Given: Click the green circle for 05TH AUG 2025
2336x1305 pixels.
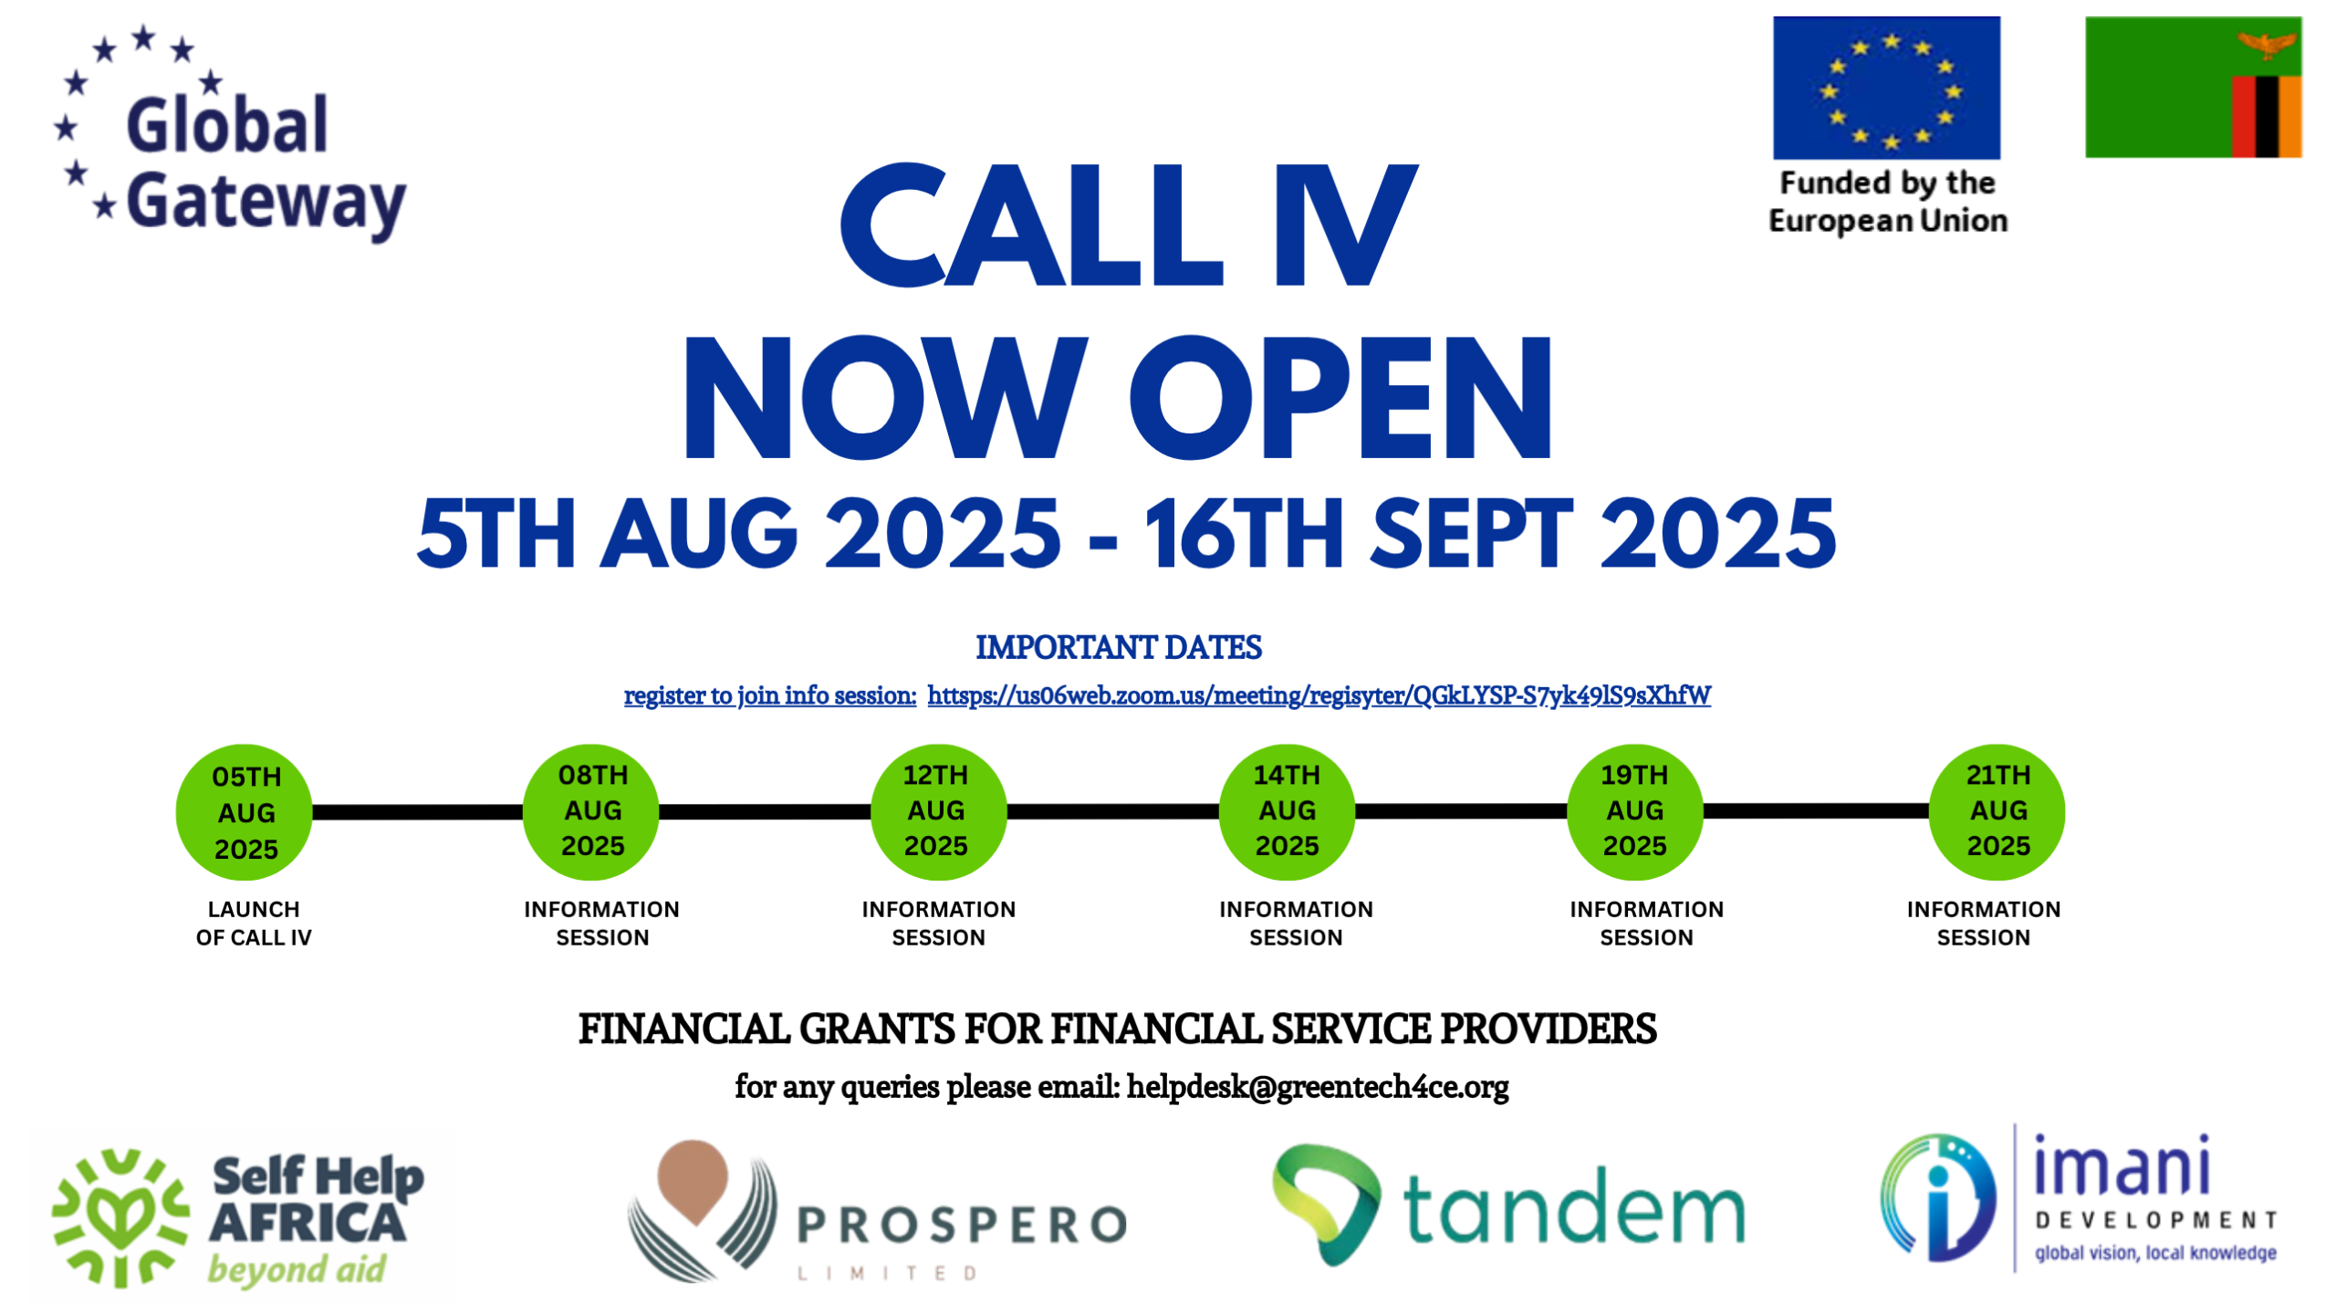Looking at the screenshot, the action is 244,811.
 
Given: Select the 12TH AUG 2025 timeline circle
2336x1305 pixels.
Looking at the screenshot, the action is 938,810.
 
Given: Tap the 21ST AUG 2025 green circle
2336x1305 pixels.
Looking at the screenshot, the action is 1997,810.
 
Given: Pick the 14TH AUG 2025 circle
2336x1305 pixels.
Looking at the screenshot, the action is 1287,810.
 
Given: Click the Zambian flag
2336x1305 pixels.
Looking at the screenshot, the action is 2193,87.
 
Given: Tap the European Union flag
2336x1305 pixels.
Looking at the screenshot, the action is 1886,88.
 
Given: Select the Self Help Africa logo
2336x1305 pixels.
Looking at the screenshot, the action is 239,1217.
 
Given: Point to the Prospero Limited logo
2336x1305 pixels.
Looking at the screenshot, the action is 877,1210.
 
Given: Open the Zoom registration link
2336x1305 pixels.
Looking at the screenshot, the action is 1319,695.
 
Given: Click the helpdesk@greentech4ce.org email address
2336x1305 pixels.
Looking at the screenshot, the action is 1318,1086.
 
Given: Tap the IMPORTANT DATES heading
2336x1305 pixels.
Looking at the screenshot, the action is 1118,647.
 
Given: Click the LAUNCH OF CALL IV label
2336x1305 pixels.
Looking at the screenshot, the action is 254,923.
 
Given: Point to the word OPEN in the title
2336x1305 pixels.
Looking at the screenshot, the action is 1340,397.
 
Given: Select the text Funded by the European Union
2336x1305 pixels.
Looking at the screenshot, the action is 1887,202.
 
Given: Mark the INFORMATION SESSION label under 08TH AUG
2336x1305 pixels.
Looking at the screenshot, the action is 601,923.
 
